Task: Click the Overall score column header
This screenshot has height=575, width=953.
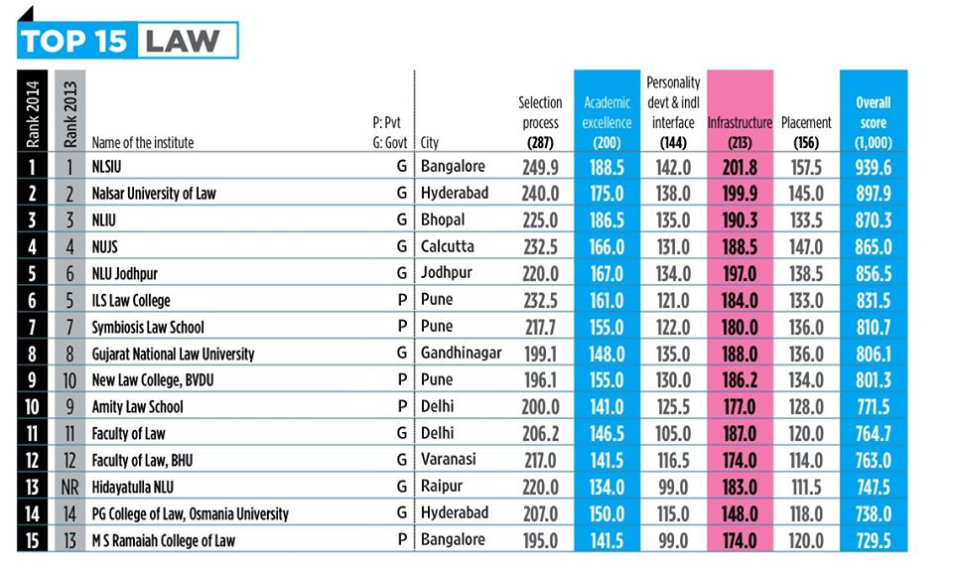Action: click(x=874, y=122)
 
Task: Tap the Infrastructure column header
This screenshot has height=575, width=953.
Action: click(x=740, y=123)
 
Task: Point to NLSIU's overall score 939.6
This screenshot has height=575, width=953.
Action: click(x=874, y=167)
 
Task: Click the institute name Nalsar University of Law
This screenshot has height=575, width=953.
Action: click(x=153, y=194)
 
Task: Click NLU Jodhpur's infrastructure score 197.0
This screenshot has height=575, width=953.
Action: click(x=740, y=273)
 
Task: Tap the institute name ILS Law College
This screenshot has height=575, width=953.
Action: click(x=130, y=300)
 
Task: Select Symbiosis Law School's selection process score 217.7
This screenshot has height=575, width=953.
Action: click(x=541, y=327)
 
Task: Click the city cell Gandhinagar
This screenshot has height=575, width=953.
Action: click(x=462, y=354)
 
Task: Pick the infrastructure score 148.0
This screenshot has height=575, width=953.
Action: click(x=740, y=514)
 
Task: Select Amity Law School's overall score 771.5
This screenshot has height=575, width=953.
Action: click(x=874, y=407)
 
